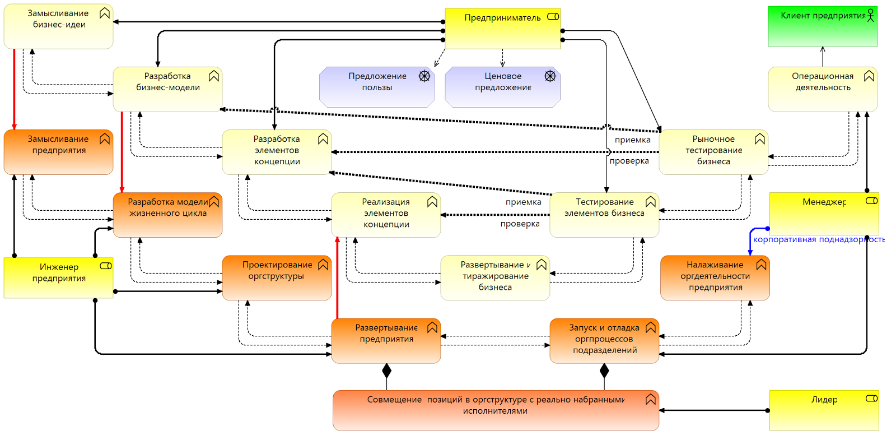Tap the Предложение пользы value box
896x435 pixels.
[377, 87]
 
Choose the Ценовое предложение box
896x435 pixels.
[502, 87]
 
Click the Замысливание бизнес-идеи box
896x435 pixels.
[58, 27]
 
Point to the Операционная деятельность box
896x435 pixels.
[822, 90]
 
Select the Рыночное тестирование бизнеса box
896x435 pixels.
[713, 152]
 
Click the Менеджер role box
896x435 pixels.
[824, 214]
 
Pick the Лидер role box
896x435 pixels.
[824, 410]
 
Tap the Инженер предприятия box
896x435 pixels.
[58, 278]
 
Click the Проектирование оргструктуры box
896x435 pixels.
[277, 278]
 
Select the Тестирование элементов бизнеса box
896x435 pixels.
[604, 215]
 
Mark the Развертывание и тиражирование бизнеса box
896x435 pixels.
[495, 278]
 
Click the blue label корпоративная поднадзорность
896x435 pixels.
[818, 240]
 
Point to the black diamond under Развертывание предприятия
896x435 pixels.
[386, 371]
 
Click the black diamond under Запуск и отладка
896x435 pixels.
[604, 371]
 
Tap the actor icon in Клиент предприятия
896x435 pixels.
[871, 15]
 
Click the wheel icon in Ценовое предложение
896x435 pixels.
[550, 76]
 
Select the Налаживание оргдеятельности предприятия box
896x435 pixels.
[715, 278]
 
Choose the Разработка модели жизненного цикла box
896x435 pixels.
[167, 215]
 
